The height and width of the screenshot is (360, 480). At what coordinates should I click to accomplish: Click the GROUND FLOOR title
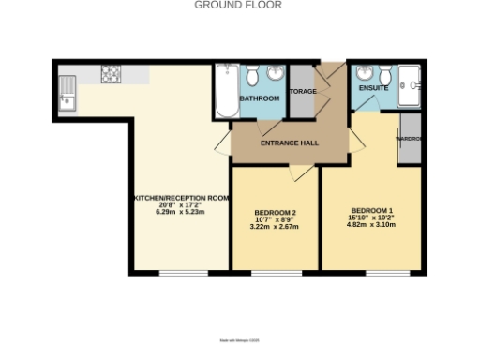(x=238, y=5)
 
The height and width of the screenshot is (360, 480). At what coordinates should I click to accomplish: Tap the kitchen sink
(x=68, y=92)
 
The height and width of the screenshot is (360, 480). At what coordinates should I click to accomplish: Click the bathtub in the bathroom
(x=226, y=90)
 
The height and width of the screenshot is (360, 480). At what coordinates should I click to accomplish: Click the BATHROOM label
(x=260, y=97)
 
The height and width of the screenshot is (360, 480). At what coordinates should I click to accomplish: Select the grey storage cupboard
(x=301, y=92)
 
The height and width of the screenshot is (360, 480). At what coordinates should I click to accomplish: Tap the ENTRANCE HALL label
(x=288, y=143)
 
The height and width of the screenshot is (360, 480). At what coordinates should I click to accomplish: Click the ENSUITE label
(x=373, y=89)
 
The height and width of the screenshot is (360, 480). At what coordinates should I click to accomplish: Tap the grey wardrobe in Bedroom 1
(x=410, y=140)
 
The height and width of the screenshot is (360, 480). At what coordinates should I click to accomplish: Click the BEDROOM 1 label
(x=371, y=209)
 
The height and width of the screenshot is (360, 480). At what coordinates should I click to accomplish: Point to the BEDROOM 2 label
(x=274, y=212)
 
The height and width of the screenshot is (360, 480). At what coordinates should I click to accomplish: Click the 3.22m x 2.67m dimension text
(x=274, y=227)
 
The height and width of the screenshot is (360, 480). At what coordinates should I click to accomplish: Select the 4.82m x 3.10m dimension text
(x=371, y=224)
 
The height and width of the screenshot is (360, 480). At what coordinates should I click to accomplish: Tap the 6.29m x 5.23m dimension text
(x=180, y=213)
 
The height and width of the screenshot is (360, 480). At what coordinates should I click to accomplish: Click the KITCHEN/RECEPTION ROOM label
(x=180, y=198)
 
